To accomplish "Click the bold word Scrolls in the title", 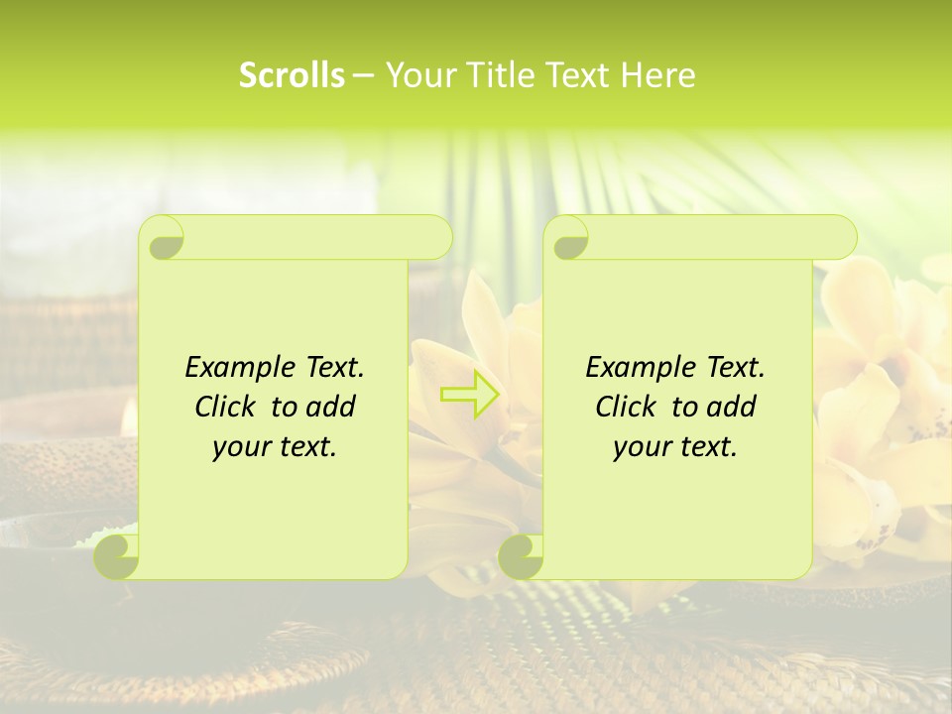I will (292, 75).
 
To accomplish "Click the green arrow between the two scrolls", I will (470, 394).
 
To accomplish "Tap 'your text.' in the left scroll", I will (275, 447).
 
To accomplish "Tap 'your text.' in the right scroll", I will (675, 447).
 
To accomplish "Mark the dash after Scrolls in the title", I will (364, 75).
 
